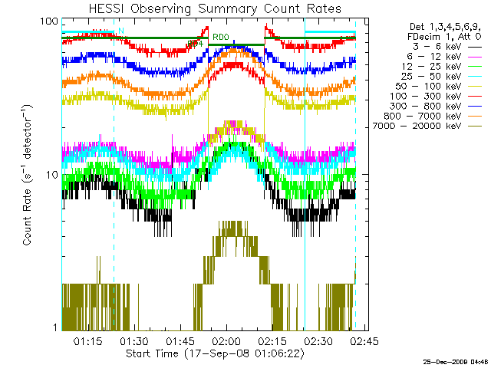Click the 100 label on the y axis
pos(50,21)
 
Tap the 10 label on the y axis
pos(53,176)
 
